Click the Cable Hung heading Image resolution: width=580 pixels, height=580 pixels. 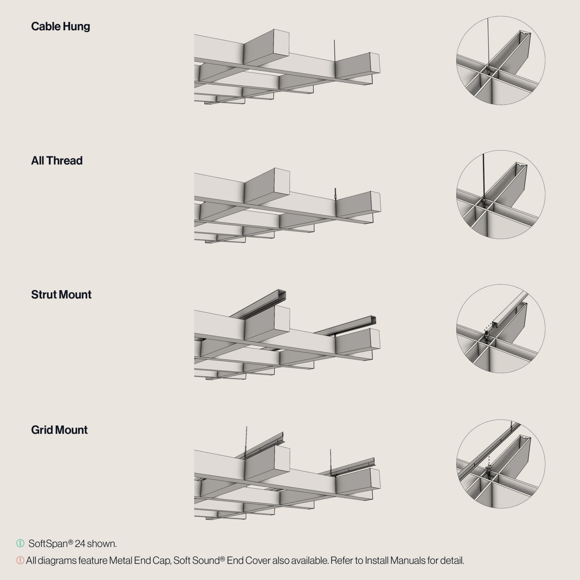click(61, 26)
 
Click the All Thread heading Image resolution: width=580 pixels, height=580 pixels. click(57, 161)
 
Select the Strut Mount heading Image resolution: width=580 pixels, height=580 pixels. click(61, 295)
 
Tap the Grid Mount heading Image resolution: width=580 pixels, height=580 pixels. click(59, 430)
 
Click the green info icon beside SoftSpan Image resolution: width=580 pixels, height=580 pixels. click(20, 543)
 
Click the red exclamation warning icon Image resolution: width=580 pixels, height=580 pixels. click(20, 560)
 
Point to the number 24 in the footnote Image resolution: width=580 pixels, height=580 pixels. click(80, 544)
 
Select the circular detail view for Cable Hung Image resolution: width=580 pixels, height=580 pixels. click(501, 60)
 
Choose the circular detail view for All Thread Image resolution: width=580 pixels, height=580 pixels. click(501, 195)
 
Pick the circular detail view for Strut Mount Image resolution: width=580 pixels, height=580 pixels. click(501, 329)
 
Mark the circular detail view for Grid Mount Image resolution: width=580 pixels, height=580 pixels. click(501, 464)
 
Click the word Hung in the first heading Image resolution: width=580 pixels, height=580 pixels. click(76, 27)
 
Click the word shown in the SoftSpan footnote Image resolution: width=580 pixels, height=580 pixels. click(102, 544)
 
